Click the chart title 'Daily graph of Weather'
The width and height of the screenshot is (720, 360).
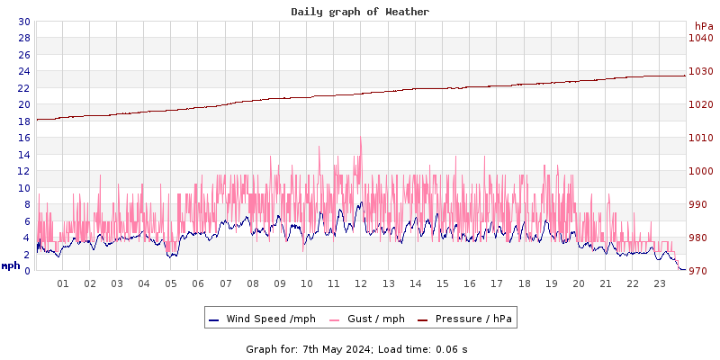[x=360, y=12]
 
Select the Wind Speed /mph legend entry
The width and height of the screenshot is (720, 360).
[x=270, y=319]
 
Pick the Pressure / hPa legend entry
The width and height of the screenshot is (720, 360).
[x=474, y=319]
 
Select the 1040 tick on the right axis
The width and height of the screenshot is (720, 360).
[x=701, y=38]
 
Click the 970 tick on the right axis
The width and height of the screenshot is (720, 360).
[x=701, y=271]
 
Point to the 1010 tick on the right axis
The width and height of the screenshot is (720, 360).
[x=701, y=138]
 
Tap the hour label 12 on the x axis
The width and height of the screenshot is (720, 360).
[x=361, y=283]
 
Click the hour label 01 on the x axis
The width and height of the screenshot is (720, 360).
[x=63, y=283]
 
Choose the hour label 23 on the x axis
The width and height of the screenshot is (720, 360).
[x=660, y=283]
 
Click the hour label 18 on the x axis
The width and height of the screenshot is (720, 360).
[x=524, y=283]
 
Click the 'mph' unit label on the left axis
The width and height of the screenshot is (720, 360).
[x=11, y=265]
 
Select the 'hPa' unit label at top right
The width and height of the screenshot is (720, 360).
[x=703, y=26]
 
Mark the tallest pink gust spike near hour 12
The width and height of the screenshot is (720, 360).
[x=361, y=137]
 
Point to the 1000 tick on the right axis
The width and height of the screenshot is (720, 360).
[x=701, y=171]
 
